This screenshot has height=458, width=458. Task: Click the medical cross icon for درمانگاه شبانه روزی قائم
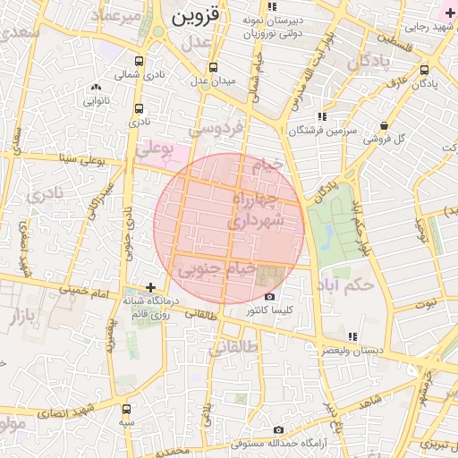[150, 287]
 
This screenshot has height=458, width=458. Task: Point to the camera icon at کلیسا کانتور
[269, 297]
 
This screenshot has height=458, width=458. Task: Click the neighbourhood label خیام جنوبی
[217, 267]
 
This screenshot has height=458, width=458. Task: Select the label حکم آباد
[344, 285]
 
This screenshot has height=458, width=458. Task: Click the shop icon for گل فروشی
[384, 125]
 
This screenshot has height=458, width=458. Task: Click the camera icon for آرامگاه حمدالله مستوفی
[278, 430]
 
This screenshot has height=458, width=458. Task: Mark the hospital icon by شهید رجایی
[449, 13]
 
